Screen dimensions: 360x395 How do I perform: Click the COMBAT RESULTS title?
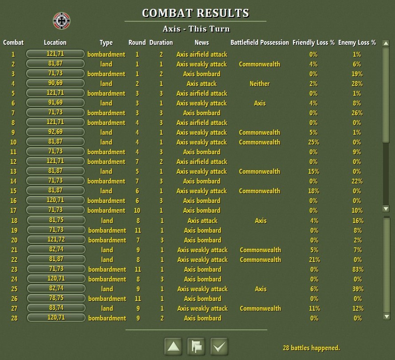tap(196, 13)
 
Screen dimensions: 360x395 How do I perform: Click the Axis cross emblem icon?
tap(62, 20)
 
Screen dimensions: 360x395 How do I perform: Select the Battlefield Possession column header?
tap(259, 43)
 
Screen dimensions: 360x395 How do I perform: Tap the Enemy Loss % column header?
tap(357, 43)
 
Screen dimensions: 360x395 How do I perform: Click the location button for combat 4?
tap(55, 83)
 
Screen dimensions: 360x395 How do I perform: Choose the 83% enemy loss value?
tap(357, 269)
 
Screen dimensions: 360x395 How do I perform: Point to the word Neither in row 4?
tap(259, 83)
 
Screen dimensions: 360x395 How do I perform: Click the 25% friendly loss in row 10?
tap(313, 142)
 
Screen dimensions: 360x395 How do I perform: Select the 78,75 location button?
tap(56, 298)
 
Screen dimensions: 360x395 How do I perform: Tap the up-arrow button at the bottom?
tap(174, 346)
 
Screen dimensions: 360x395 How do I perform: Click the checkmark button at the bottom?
tap(219, 346)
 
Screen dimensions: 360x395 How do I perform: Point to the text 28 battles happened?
tap(311, 348)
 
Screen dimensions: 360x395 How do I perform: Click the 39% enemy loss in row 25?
tap(357, 289)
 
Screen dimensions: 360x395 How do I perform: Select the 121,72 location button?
tap(56, 240)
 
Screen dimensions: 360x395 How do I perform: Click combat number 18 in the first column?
tap(14, 220)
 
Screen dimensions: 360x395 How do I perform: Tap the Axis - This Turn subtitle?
tap(196, 29)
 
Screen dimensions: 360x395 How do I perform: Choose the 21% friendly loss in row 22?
tap(314, 259)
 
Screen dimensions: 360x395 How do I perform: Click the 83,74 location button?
tap(56, 308)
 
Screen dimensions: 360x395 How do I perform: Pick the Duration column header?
tap(161, 43)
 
